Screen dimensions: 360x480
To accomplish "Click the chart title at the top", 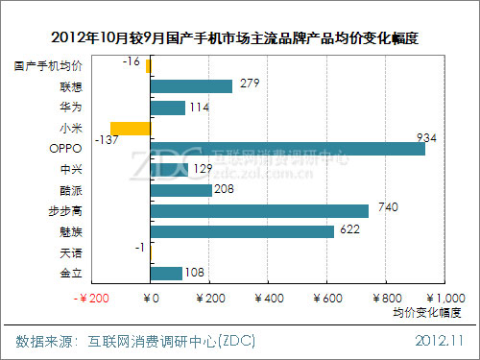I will pyautogui.click(x=240, y=37).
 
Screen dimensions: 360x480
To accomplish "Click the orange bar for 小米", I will pyautogui.click(x=131, y=129).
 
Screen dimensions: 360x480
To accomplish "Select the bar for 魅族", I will pyautogui.click(x=243, y=231).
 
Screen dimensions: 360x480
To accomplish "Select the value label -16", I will pyautogui.click(x=132, y=61).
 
